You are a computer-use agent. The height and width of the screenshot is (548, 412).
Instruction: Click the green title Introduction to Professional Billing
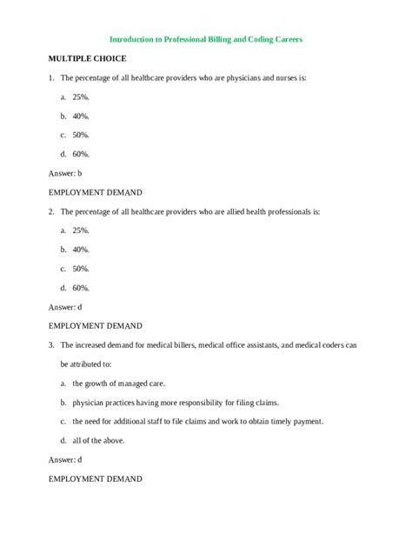point(205,39)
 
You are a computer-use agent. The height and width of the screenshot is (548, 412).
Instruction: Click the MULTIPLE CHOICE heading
point(87,58)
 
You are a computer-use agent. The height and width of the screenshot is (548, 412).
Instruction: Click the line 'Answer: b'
point(65,173)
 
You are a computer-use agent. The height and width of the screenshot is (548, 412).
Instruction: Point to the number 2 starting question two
point(50,211)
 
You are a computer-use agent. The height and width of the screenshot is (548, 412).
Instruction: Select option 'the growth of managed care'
point(118,383)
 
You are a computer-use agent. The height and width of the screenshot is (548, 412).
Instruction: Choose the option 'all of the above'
point(98,440)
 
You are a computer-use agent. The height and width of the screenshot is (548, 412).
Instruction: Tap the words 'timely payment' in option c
point(296,421)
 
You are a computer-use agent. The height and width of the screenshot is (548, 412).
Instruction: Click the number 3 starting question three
point(50,344)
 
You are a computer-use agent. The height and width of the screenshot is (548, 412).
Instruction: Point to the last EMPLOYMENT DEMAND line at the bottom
point(96,478)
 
